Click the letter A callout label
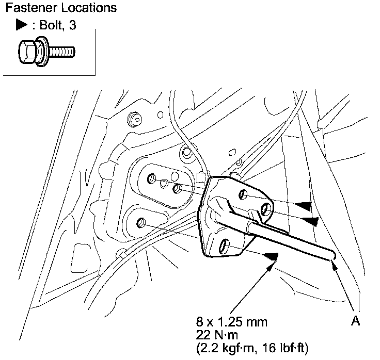click(x=355, y=321)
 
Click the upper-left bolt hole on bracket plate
click(x=242, y=194)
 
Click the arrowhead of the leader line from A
click(x=334, y=265)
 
